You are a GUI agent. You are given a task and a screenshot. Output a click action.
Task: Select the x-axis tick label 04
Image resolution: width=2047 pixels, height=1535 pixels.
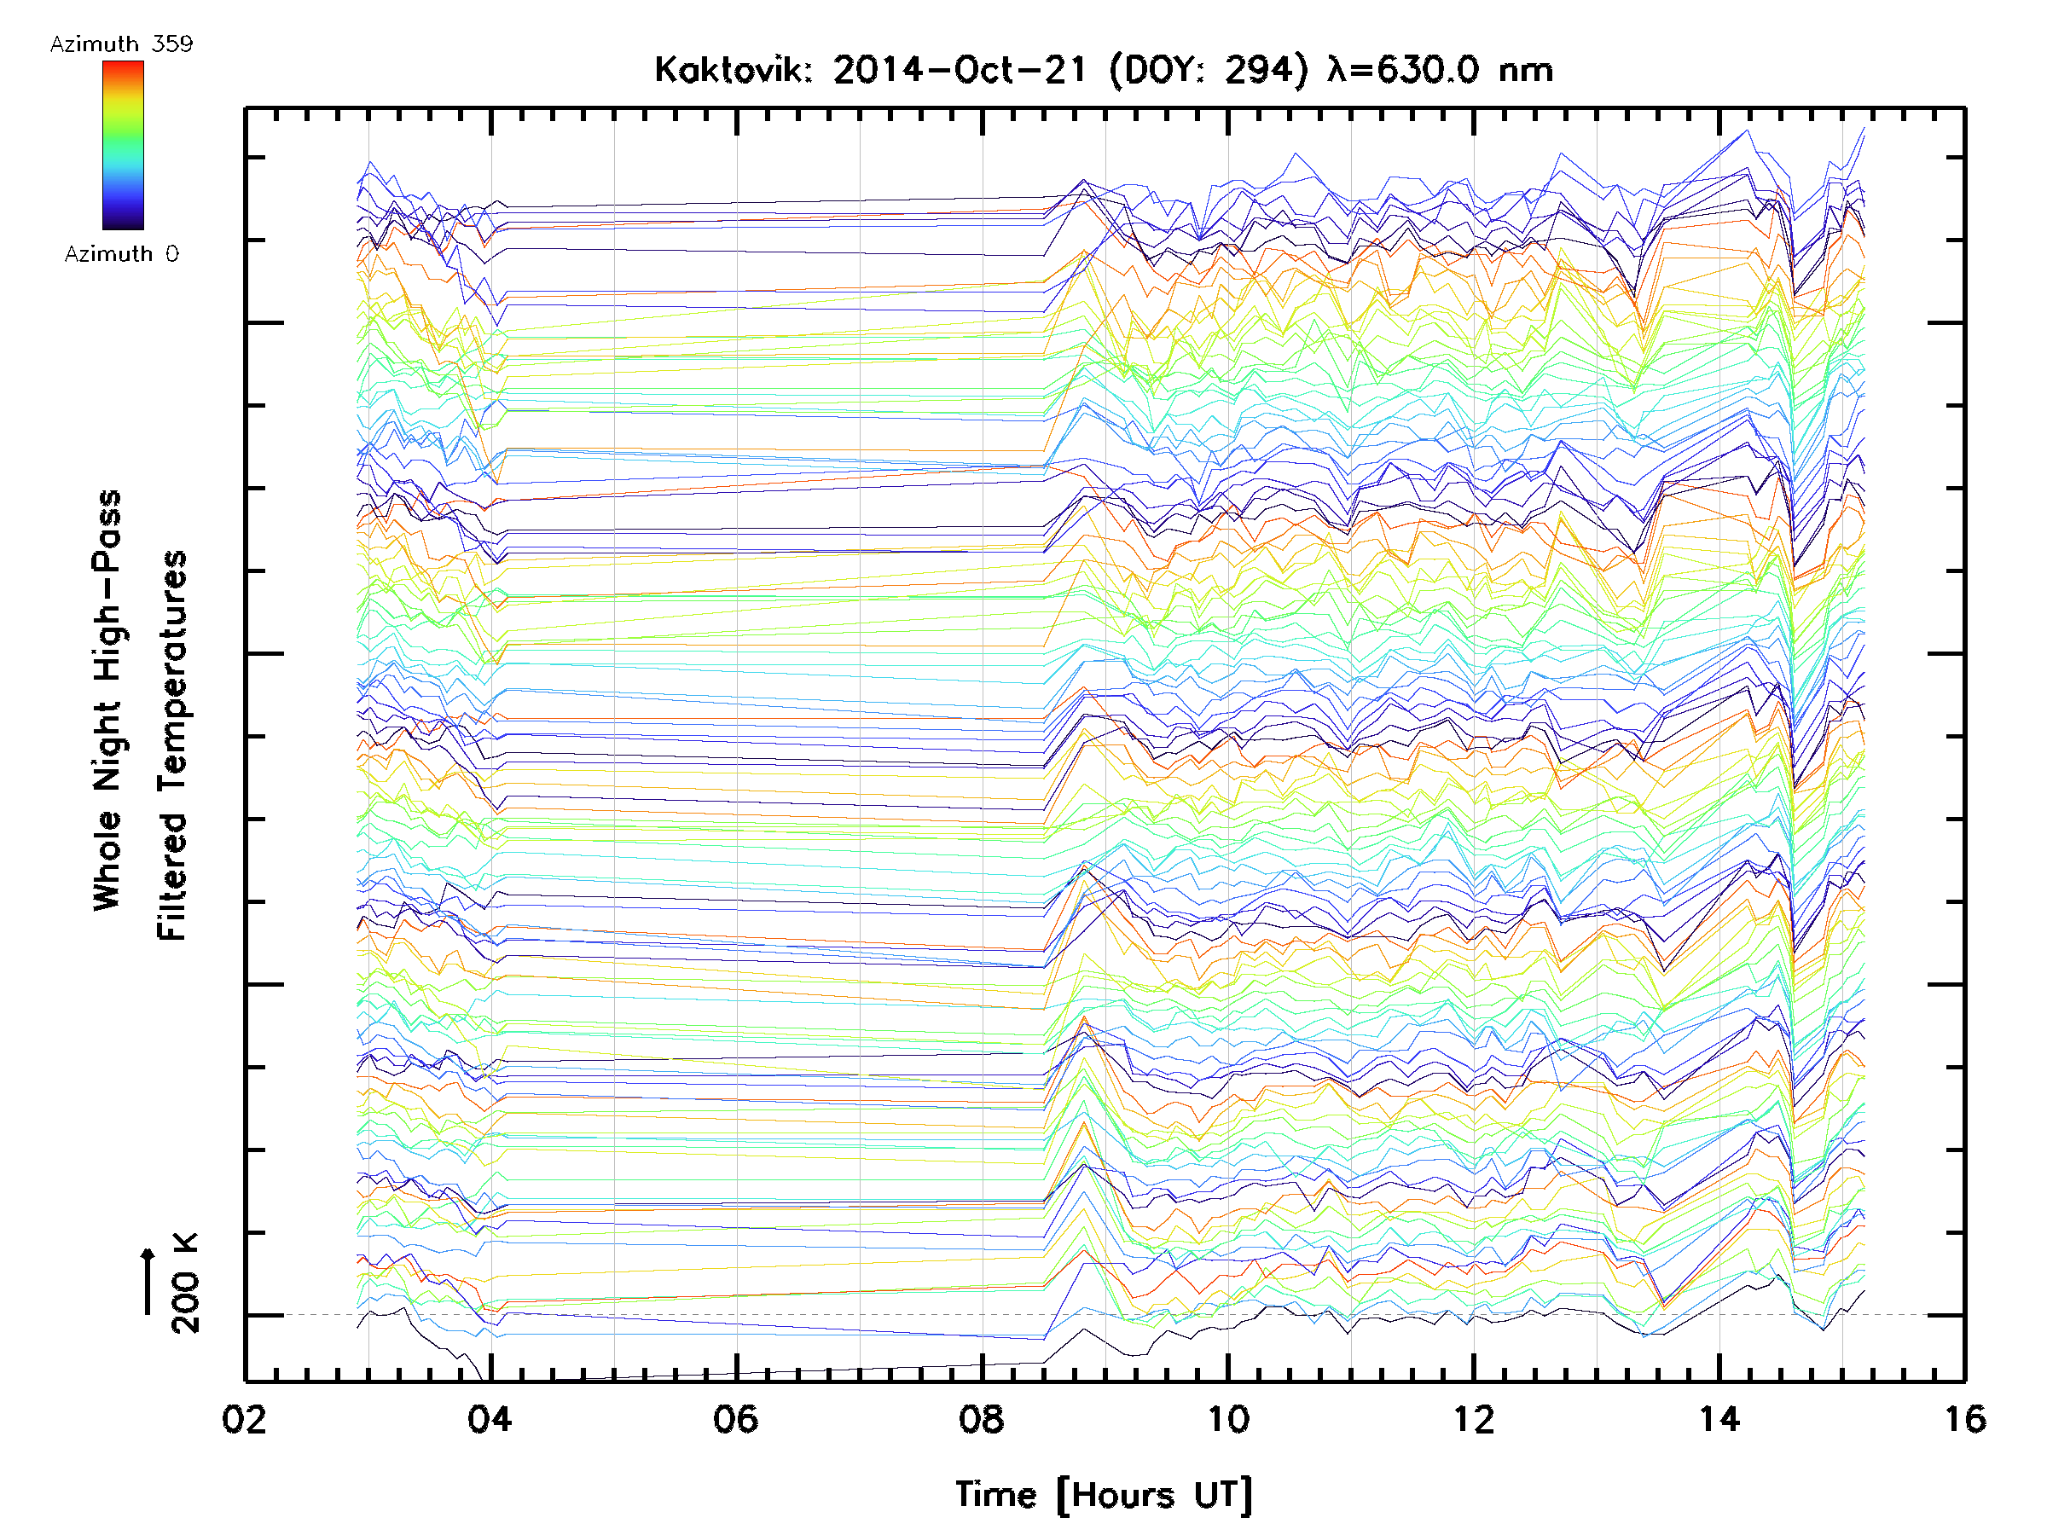point(490,1418)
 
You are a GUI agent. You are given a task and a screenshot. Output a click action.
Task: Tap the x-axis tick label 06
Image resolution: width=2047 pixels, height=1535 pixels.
point(736,1418)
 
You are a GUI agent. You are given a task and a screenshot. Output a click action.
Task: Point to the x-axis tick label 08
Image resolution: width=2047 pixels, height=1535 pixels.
point(981,1418)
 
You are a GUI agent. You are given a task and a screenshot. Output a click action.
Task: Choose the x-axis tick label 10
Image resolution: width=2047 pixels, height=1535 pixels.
point(1227,1418)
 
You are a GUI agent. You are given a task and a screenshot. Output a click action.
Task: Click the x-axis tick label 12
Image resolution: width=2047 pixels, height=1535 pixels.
point(1472,1418)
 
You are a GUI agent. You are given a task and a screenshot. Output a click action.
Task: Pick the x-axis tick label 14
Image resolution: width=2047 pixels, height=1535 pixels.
point(1719,1418)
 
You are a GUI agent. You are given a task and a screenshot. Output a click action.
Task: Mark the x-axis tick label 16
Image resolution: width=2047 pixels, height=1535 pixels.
point(1963,1418)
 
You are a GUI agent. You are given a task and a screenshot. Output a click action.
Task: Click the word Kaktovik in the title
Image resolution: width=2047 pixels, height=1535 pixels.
point(732,70)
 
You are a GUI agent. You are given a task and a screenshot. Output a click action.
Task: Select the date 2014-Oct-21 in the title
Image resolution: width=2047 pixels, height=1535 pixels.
point(959,70)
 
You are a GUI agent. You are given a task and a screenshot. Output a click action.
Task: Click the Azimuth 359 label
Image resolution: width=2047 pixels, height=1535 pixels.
point(121,44)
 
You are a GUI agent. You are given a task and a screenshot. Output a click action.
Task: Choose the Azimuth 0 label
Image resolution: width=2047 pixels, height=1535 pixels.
point(121,253)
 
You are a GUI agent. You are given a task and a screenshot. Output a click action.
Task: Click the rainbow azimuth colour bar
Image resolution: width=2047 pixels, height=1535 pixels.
point(123,145)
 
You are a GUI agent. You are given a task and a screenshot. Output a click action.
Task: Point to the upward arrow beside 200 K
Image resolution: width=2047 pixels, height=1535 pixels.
point(148,1281)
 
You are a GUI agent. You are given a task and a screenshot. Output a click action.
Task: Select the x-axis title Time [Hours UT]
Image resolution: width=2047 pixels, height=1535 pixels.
point(1103,1494)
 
